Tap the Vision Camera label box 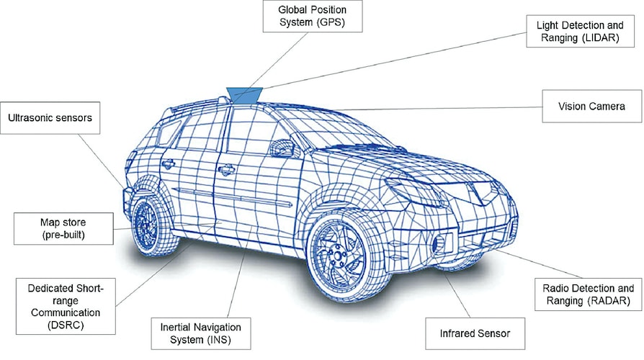(x=591, y=107)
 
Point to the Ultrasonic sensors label (x=50, y=117)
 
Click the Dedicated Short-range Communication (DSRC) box (x=60, y=306)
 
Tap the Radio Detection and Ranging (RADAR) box (x=588, y=294)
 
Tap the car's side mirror (x=282, y=149)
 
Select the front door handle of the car (x=226, y=170)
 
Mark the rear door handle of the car (x=169, y=164)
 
